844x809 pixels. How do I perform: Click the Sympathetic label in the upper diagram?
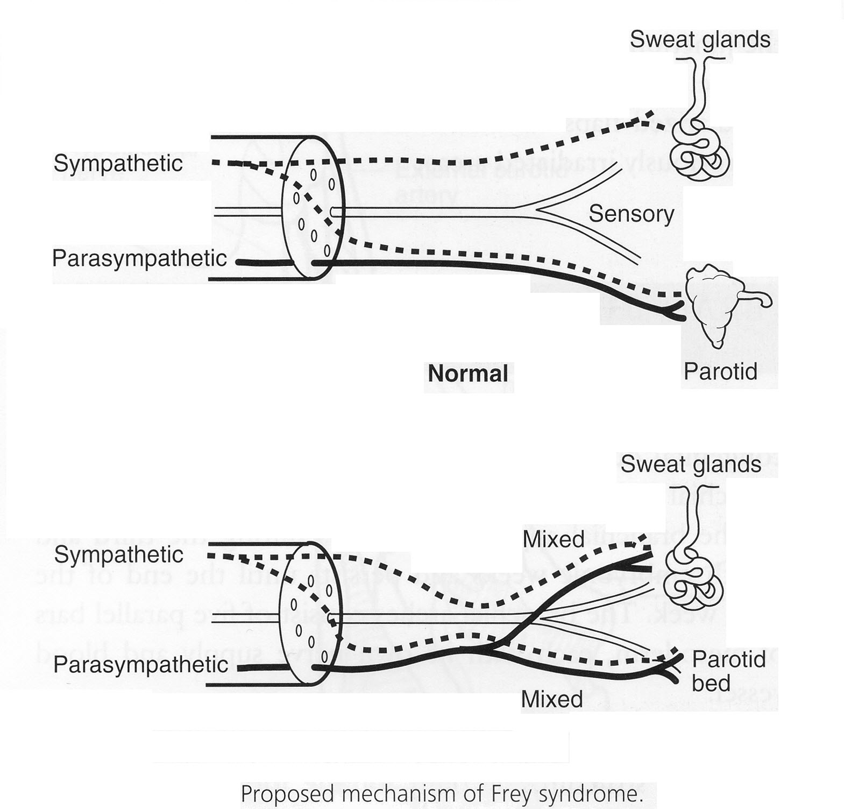pos(118,163)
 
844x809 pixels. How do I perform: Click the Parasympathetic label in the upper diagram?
pos(139,258)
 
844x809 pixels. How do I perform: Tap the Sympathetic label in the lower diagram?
pos(119,554)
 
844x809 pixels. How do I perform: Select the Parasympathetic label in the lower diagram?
pos(141,665)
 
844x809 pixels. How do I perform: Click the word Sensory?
pos(631,214)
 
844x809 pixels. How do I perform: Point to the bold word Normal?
pos(467,374)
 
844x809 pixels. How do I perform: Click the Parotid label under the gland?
pos(720,371)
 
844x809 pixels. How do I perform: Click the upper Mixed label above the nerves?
pos(553,539)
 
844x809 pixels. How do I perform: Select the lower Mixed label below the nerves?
pos(552,699)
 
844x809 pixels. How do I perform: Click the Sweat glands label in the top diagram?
pos(700,39)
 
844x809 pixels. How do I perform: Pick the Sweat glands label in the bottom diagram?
pos(691,464)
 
